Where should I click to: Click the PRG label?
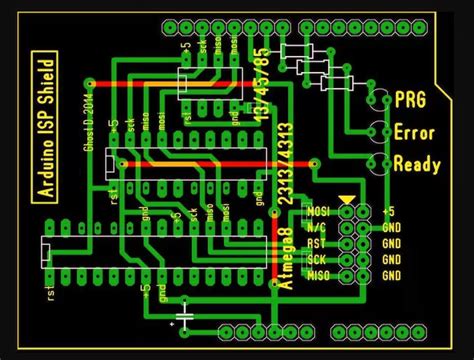coord(411,100)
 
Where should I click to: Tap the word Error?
coord(414,132)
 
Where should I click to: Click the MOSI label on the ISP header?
coord(318,212)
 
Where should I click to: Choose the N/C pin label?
coord(318,228)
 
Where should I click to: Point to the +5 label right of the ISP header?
coord(389,212)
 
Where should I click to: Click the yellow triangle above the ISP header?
coord(346,201)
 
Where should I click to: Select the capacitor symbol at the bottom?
coord(184,318)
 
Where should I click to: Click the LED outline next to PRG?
coord(378,100)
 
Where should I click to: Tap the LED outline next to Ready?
coord(378,163)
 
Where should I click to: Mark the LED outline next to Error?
coord(378,131)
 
